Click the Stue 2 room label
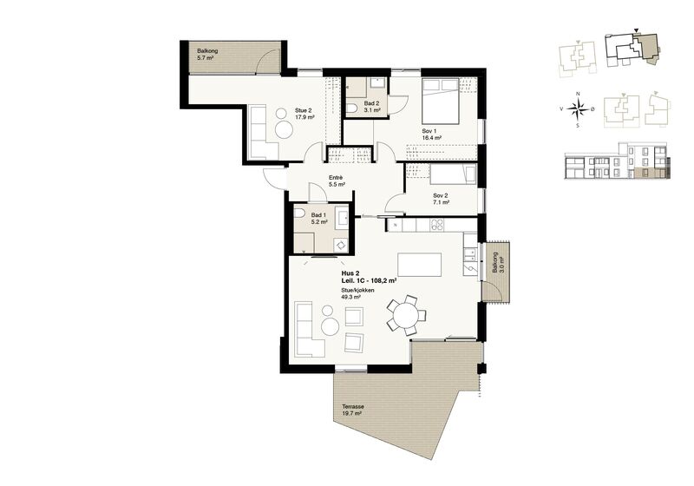tap(304, 115)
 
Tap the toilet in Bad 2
tap(352, 108)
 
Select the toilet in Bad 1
tap(298, 213)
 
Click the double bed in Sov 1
tap(440, 101)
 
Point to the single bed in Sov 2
tap(453, 175)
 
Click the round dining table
tap(406, 316)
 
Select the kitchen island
tap(420, 264)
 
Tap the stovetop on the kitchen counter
tap(437, 225)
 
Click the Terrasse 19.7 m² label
tap(353, 410)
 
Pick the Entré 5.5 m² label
tap(337, 181)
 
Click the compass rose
tap(578, 108)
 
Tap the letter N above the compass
tap(578, 94)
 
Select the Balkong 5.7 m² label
tap(207, 55)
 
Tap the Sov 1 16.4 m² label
tap(431, 135)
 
